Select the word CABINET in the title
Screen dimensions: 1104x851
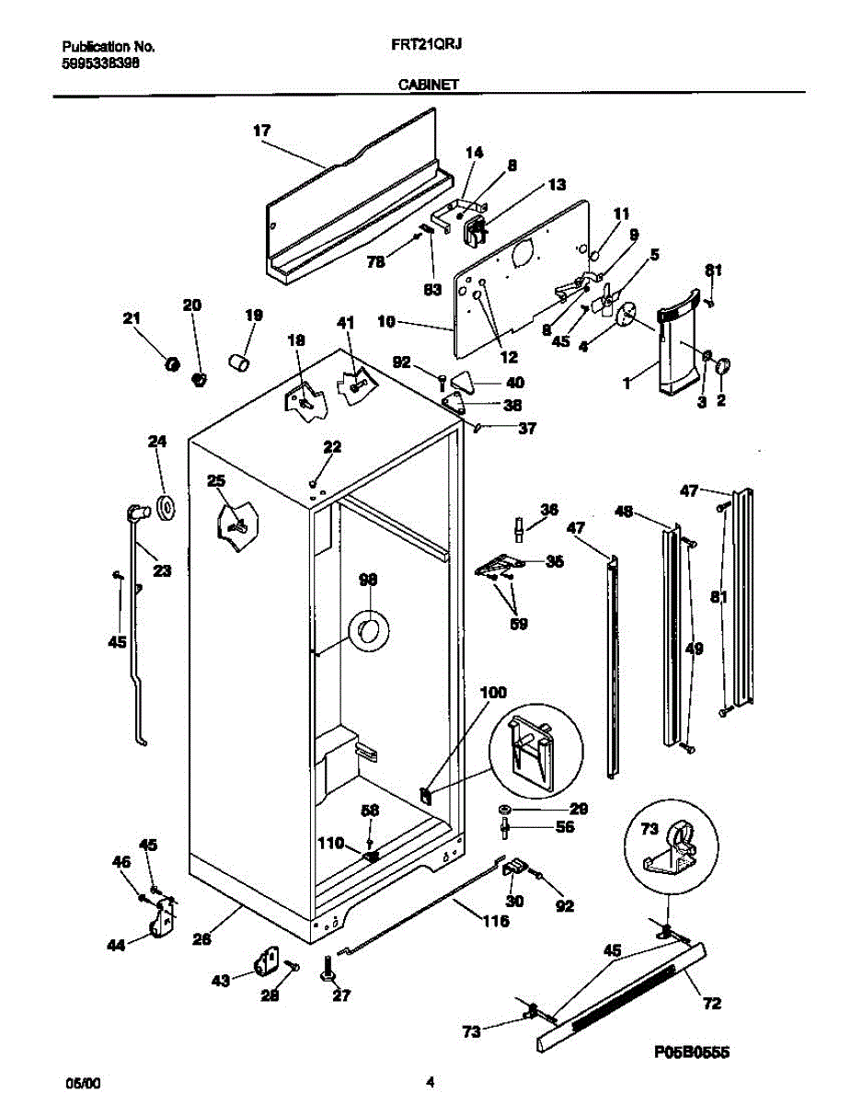pyautogui.click(x=429, y=84)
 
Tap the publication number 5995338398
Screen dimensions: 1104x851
pyautogui.click(x=101, y=63)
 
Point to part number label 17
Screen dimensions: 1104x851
pyautogui.click(x=262, y=131)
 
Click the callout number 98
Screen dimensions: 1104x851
pyautogui.click(x=368, y=581)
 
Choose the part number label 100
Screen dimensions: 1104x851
pyautogui.click(x=493, y=692)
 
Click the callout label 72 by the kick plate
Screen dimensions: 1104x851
pyautogui.click(x=711, y=1003)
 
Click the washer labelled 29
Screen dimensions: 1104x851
pyautogui.click(x=506, y=810)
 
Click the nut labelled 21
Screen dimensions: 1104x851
pyautogui.click(x=171, y=364)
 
